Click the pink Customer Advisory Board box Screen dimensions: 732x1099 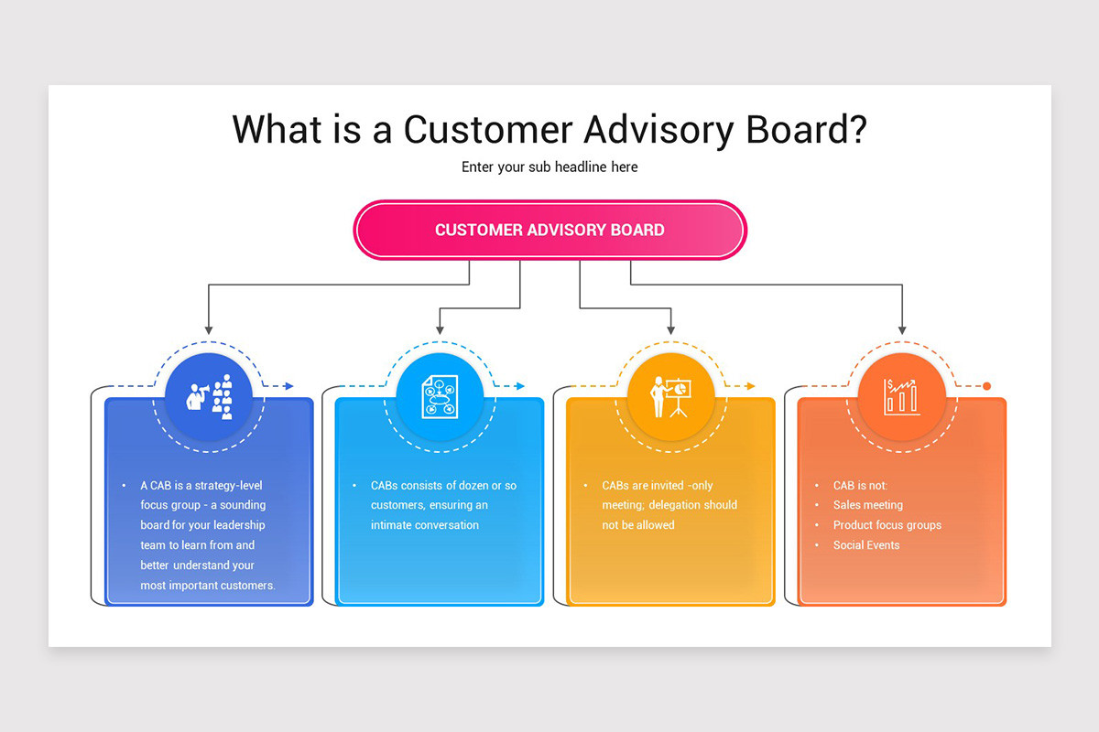(x=549, y=230)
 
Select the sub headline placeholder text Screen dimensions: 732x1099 (x=549, y=167)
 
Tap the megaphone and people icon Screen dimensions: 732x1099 (x=209, y=397)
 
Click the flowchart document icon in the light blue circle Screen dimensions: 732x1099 (x=440, y=398)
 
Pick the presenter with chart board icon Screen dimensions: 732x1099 (x=670, y=397)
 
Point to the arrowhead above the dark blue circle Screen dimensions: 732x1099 (x=209, y=328)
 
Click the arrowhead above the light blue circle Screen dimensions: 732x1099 (x=441, y=328)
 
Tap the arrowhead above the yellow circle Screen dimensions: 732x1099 (x=671, y=328)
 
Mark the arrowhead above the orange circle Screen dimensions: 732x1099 (x=902, y=328)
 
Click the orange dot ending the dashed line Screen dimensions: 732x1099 (x=986, y=386)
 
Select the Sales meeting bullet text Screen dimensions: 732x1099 (x=867, y=505)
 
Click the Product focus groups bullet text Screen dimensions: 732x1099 (x=887, y=525)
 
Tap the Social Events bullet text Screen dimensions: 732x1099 (x=865, y=545)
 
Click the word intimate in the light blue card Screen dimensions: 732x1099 (x=391, y=525)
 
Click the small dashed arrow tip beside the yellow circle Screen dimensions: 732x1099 (x=751, y=386)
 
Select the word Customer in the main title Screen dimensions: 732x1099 (x=487, y=129)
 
